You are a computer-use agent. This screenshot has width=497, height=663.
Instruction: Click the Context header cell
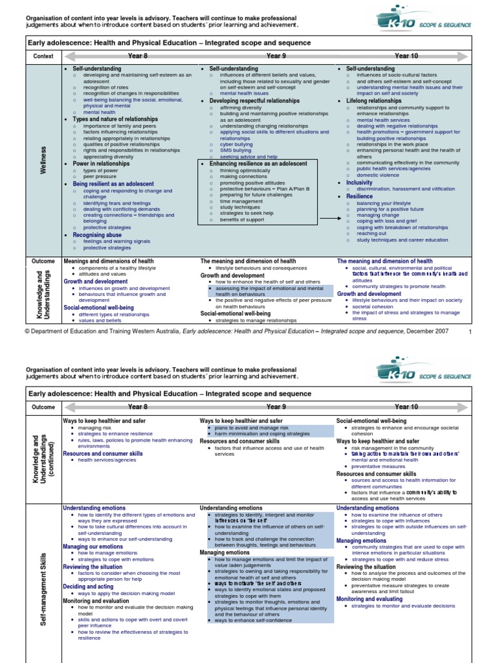tap(43, 56)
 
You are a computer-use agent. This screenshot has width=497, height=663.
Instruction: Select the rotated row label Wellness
tap(43, 159)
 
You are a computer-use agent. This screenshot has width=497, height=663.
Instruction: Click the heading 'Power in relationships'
tap(100, 164)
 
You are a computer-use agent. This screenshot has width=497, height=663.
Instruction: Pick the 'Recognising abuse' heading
tap(96, 235)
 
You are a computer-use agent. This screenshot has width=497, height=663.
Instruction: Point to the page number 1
tap(470, 331)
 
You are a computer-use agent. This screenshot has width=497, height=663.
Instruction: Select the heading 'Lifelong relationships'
tap(373, 101)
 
